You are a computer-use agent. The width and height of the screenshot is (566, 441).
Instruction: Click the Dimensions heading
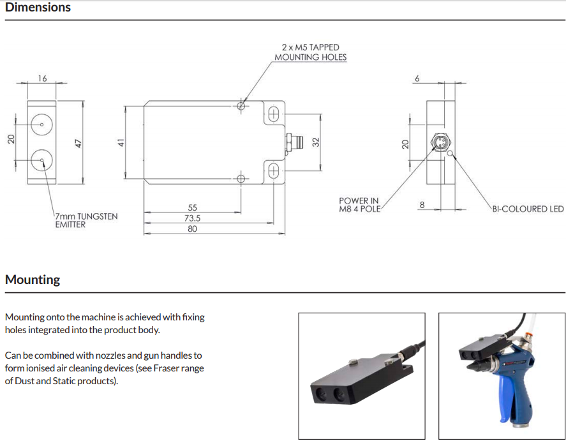(38, 8)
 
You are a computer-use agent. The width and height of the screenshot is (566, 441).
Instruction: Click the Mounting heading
(33, 280)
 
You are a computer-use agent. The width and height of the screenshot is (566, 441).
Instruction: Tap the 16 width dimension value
(43, 78)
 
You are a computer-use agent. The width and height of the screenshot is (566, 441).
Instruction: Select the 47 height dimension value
(79, 143)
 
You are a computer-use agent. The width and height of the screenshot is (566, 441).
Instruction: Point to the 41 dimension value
(119, 143)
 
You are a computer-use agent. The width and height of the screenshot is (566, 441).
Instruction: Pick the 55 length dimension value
(193, 207)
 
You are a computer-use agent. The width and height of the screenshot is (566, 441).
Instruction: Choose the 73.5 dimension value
(193, 218)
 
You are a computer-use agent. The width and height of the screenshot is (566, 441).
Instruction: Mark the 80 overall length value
(193, 229)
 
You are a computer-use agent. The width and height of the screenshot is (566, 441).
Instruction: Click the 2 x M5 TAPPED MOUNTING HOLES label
(311, 52)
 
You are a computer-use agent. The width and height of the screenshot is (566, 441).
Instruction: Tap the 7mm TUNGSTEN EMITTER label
(86, 220)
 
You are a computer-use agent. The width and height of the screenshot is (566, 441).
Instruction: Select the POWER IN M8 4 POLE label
(359, 205)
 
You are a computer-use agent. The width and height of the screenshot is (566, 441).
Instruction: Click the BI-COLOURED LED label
(528, 209)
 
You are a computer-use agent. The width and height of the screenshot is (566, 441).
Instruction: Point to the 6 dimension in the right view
(417, 78)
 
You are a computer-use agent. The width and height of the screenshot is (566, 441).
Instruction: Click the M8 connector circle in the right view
(440, 143)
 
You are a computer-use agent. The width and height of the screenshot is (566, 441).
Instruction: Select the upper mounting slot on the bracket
(274, 114)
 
